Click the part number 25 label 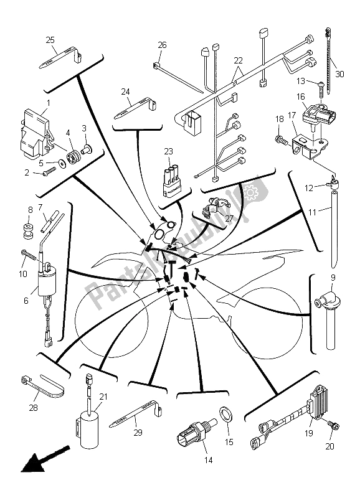tap(50, 40)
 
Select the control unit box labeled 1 tap(36, 133)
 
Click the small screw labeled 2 tap(47, 172)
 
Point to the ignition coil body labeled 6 tap(47, 284)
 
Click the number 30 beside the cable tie tap(339, 74)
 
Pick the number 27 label tap(229, 218)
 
